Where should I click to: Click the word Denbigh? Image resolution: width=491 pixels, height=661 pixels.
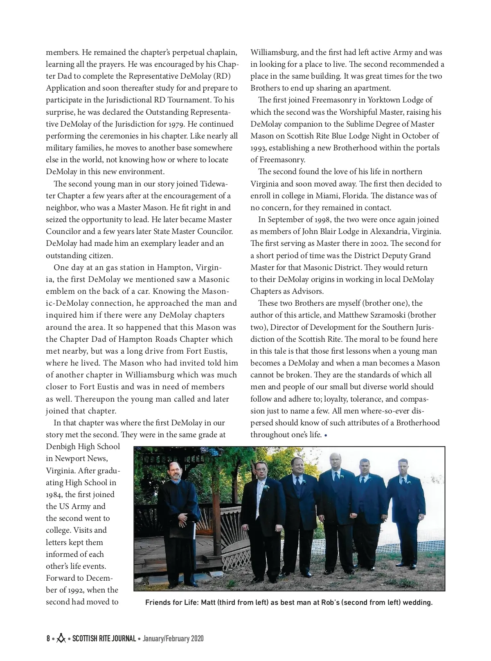[61, 447]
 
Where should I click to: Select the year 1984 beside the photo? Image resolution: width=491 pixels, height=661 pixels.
[54, 495]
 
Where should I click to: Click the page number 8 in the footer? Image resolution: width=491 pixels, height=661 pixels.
[48, 638]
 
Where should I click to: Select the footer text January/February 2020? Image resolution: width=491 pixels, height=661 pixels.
[173, 638]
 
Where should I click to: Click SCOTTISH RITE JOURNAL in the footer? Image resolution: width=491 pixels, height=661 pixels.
[104, 638]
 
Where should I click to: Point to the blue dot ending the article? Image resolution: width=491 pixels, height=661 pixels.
[326, 435]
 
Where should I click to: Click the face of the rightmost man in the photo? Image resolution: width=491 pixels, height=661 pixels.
[403, 467]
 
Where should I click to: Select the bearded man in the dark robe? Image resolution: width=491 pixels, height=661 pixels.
[181, 512]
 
